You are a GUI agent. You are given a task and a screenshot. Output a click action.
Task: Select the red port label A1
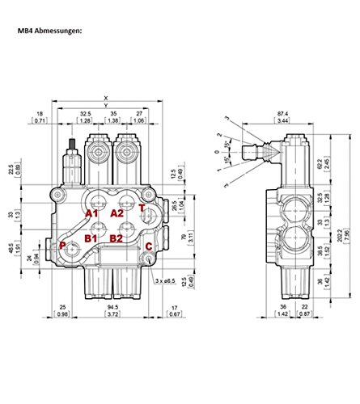(x=94, y=213)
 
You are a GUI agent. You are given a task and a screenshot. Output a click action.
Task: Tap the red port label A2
(x=117, y=213)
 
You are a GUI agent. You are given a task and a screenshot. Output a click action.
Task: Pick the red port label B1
(x=93, y=240)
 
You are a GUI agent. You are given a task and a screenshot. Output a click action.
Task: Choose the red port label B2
(x=116, y=240)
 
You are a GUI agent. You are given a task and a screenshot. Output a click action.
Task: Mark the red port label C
(x=147, y=247)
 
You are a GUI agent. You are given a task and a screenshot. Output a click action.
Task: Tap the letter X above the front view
(x=106, y=99)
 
